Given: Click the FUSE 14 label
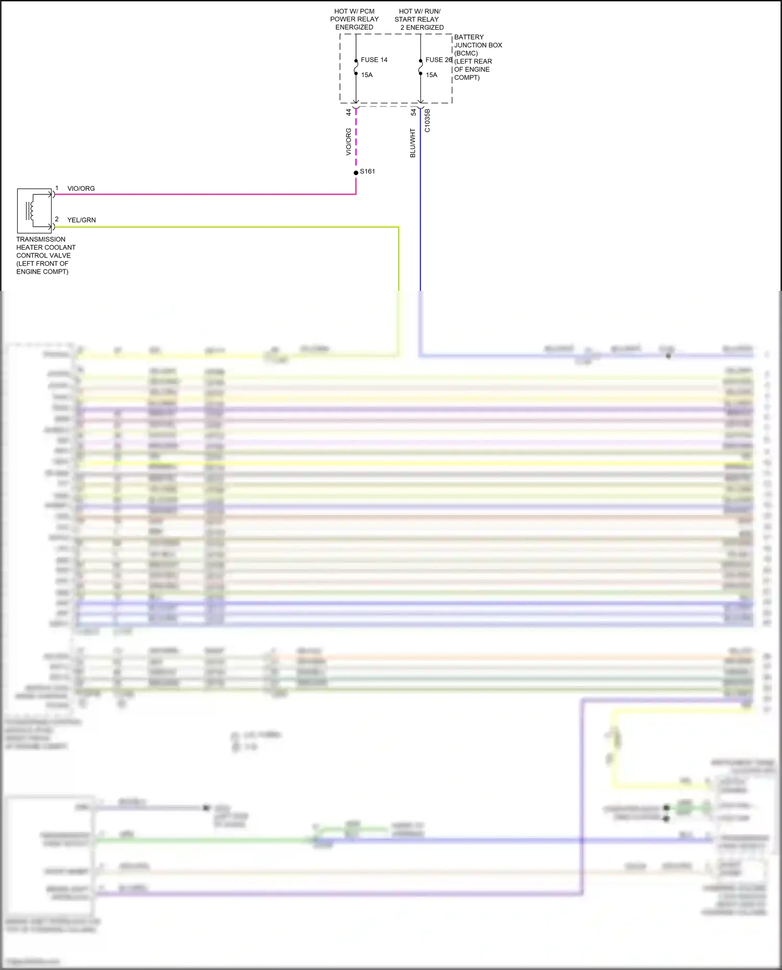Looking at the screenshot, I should click(374, 60).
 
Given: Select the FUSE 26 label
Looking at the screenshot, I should click(438, 60).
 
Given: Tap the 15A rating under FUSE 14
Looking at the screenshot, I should click(366, 75).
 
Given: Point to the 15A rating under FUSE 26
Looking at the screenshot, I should click(431, 75).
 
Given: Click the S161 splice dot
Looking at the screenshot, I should click(356, 173).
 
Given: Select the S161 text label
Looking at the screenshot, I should click(368, 171).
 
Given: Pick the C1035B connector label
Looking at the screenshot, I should click(427, 120).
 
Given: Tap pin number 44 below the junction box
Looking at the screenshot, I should click(349, 112).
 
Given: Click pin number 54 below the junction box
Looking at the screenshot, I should click(413, 112).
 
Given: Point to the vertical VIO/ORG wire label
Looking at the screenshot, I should click(349, 142).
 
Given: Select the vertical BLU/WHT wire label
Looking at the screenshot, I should click(413, 143).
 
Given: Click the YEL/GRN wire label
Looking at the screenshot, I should click(81, 220).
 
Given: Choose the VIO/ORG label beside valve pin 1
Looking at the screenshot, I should click(81, 189).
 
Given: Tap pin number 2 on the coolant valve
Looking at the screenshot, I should click(57, 219).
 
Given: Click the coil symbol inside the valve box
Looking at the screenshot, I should click(31, 211).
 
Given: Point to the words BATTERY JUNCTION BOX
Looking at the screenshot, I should click(478, 41).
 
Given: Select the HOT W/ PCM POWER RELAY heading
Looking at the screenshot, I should click(354, 19).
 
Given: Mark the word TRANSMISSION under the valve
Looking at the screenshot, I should click(41, 239).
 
